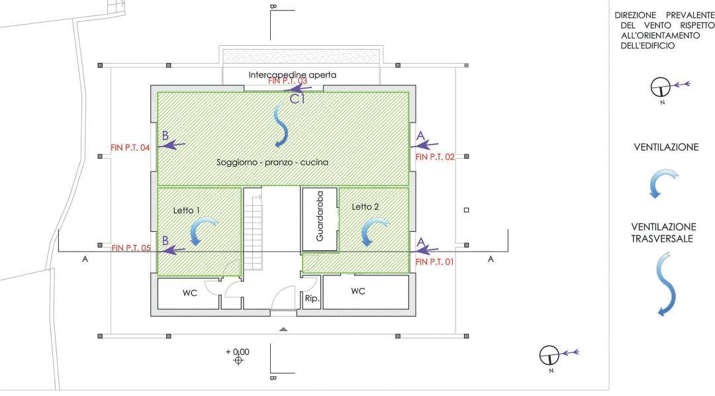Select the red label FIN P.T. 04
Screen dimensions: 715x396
(x=131, y=148)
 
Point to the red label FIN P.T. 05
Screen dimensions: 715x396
(x=131, y=248)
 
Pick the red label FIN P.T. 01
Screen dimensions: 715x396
(x=435, y=262)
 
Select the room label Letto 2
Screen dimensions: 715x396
(x=365, y=207)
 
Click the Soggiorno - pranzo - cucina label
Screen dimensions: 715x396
(x=272, y=162)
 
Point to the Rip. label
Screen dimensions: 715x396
(x=312, y=299)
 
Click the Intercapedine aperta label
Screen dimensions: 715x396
(x=292, y=75)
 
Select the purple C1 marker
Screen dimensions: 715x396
(x=298, y=99)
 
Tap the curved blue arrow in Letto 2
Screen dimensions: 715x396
(x=372, y=232)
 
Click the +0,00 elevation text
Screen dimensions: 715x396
(x=238, y=351)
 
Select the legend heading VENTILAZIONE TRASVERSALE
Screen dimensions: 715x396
(x=664, y=232)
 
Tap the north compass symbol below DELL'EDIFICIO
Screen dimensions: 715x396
(x=659, y=87)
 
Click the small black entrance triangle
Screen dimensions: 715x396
(x=283, y=329)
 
